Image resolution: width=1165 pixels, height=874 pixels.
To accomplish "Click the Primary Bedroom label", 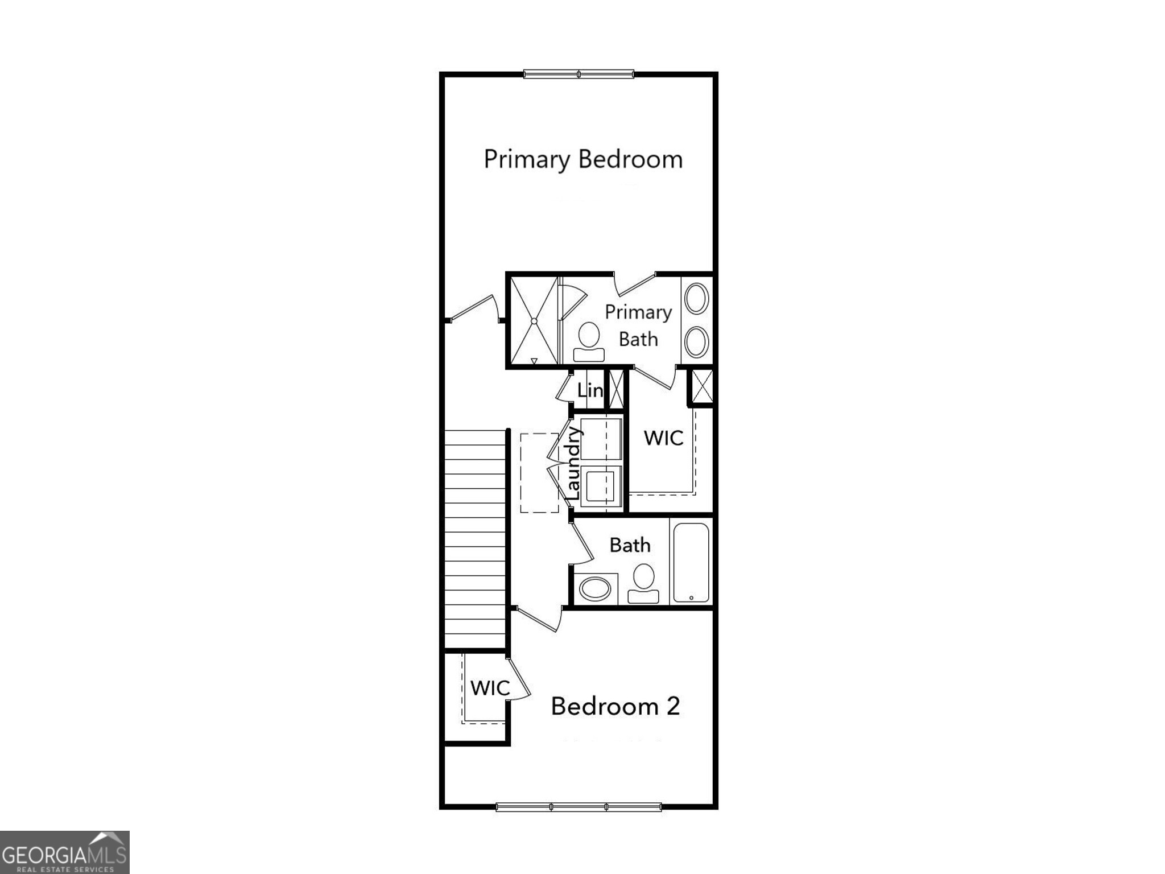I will click(583, 159).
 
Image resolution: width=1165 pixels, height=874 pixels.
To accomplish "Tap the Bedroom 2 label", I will click(615, 706).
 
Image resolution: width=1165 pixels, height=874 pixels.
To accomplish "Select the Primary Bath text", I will click(638, 325).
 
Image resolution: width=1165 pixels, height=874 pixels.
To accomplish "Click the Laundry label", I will click(573, 464).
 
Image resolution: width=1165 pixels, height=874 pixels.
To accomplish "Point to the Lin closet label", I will click(590, 390).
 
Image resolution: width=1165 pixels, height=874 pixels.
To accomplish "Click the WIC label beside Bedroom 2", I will click(490, 688).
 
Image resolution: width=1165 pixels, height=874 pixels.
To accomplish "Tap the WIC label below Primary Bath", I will click(663, 438).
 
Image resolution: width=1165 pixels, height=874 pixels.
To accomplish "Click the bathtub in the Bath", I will click(691, 562).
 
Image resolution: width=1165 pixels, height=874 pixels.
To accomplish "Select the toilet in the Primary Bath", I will click(589, 341).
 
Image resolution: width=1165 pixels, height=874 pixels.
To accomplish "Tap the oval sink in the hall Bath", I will click(595, 588).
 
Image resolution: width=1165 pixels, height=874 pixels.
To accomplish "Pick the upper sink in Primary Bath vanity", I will click(696, 298).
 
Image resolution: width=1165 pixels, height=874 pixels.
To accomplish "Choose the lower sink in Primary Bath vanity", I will click(696, 341).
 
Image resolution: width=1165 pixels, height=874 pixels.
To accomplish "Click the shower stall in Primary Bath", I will click(534, 321).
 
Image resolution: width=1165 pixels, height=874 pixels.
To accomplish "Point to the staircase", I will click(475, 538).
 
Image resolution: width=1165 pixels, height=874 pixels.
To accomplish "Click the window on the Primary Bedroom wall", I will click(579, 74).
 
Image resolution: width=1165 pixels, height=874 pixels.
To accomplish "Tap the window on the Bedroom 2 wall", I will click(579, 806).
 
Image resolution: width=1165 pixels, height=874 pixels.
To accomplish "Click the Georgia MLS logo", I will click(64, 852).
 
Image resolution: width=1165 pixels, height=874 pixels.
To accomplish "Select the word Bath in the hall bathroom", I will click(630, 545).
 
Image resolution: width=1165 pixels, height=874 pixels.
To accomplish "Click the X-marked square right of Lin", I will click(616, 389).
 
